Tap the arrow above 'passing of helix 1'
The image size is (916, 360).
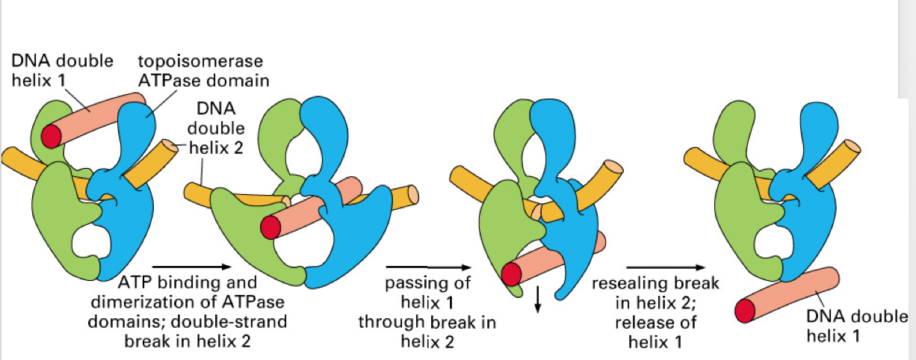coord(427,265)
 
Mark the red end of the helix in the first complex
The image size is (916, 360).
coord(52,136)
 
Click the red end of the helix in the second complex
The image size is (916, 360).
coord(270,228)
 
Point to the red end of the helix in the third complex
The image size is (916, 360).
coord(511,274)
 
